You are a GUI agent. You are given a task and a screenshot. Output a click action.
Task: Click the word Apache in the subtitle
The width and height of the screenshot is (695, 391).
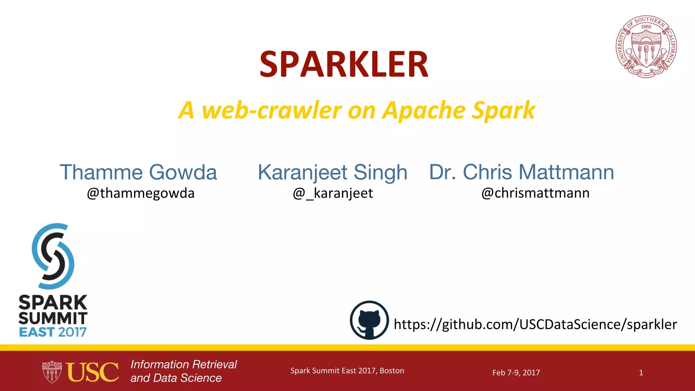(424, 111)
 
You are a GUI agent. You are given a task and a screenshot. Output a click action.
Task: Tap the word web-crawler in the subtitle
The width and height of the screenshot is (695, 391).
(271, 111)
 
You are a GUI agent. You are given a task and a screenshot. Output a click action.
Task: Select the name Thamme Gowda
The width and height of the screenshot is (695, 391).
(138, 172)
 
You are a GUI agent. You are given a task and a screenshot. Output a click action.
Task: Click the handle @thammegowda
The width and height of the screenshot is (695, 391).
(140, 193)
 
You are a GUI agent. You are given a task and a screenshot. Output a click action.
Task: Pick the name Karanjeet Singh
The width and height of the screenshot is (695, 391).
(332, 172)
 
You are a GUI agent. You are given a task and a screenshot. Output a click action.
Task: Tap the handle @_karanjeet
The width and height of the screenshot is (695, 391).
(333, 193)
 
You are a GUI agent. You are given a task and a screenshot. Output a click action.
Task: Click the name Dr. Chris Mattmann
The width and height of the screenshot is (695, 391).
(521, 172)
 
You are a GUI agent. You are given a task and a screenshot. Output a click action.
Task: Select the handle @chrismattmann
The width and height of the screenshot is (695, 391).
(535, 193)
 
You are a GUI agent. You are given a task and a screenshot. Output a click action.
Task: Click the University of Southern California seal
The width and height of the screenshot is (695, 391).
(646, 47)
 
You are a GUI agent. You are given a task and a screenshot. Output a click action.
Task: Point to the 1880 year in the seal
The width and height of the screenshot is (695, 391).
(646, 27)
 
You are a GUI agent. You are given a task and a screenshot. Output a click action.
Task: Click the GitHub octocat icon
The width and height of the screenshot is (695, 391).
(369, 320)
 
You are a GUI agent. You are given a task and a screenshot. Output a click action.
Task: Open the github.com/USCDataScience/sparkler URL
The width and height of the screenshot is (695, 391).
(535, 324)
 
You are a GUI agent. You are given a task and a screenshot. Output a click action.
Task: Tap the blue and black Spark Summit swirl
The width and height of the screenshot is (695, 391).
(53, 256)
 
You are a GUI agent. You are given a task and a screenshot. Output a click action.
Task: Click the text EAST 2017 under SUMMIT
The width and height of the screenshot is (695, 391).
(53, 332)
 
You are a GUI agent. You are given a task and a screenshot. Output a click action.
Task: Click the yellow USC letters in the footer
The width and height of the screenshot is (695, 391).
(93, 372)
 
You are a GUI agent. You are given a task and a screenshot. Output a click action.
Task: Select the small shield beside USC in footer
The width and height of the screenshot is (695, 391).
(52, 372)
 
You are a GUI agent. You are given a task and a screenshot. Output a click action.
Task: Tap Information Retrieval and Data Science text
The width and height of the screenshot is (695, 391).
(183, 371)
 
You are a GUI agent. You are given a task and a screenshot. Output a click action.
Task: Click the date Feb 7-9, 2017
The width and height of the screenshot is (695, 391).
(516, 373)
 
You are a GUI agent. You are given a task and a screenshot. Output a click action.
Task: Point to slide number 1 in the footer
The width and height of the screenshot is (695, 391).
(641, 373)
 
